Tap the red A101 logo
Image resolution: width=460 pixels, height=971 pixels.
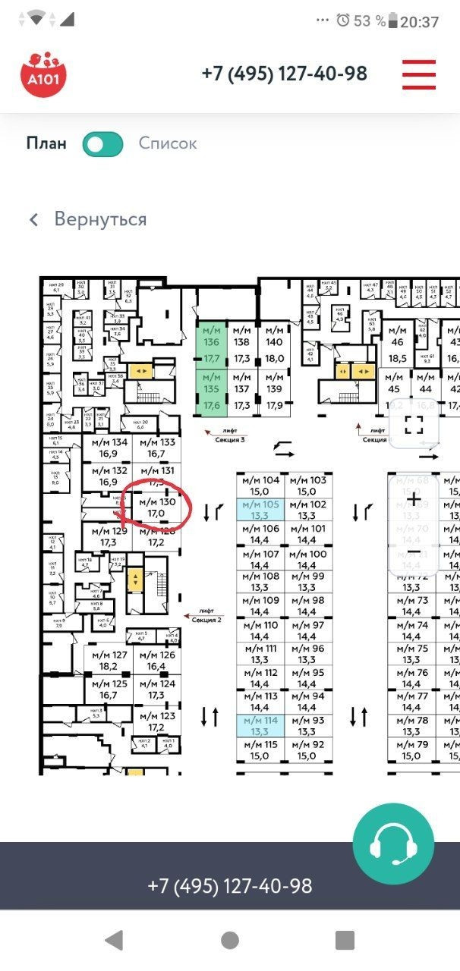point(43,74)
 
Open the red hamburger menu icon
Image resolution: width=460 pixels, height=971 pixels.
point(419,74)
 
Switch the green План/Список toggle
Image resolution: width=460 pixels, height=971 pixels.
point(103,143)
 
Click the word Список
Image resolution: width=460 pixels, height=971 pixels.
point(168,143)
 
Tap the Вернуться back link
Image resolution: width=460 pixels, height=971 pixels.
point(88,220)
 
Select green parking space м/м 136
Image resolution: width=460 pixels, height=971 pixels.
point(211,344)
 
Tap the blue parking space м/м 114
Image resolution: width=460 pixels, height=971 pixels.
point(260,725)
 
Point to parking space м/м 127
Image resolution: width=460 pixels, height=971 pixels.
point(109,661)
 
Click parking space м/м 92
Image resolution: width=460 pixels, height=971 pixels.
point(307,749)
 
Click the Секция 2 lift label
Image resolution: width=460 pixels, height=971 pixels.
point(206,614)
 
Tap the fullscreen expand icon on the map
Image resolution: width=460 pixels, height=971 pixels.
point(414,424)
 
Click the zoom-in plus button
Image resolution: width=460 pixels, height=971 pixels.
point(414,498)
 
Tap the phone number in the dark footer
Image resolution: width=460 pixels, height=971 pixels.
point(230,886)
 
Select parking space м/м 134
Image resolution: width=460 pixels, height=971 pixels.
point(109,448)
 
